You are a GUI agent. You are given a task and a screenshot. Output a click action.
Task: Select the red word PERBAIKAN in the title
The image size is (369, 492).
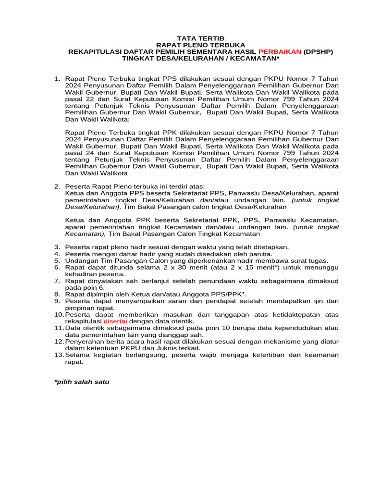point(280,51)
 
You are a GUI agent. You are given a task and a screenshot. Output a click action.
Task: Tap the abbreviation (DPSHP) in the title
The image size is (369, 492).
point(318,51)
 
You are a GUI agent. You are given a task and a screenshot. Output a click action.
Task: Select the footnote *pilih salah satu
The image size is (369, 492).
point(82,382)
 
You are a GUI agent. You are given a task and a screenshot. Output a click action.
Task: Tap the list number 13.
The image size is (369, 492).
point(58,355)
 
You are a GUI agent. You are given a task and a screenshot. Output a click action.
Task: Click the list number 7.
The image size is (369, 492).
point(57,281)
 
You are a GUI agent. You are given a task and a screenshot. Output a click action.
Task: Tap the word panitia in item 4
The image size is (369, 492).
point(260,254)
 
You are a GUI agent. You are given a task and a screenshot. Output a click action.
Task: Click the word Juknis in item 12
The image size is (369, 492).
point(160,348)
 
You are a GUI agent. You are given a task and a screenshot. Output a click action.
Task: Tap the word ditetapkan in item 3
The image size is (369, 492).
point(270,247)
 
